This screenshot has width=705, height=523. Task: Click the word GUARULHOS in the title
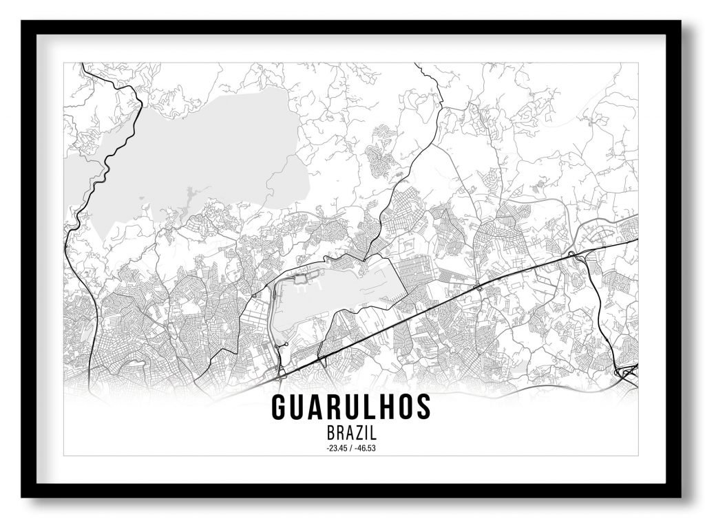(x=351, y=407)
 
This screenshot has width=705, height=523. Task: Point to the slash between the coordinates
(x=352, y=449)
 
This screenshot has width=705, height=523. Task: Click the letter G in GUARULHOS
(x=279, y=407)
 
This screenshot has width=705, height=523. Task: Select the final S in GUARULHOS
(x=423, y=407)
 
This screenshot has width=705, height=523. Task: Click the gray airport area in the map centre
(x=344, y=289)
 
